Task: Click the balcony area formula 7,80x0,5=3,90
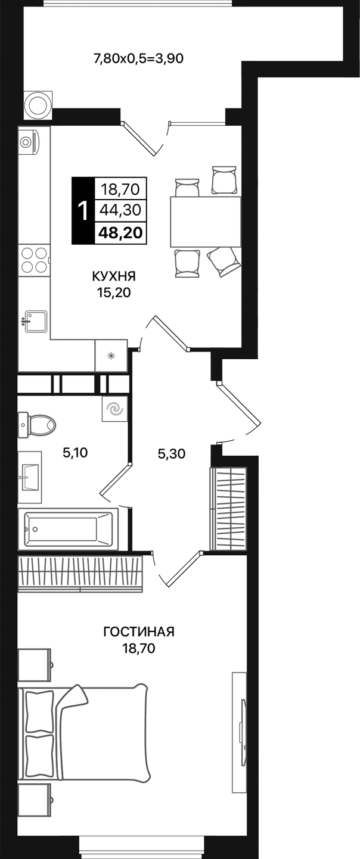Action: tap(138, 58)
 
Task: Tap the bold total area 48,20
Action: tap(120, 232)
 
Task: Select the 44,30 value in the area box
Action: tap(120, 210)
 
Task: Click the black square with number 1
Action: tap(83, 210)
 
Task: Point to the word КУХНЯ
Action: tap(114, 276)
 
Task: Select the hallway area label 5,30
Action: tap(172, 454)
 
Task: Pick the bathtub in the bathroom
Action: tap(67, 528)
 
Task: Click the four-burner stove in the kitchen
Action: tap(33, 260)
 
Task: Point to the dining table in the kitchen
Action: tap(205, 222)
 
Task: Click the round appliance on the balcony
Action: tap(39, 105)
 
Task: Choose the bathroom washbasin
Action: tap(30, 477)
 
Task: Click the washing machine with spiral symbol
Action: tap(114, 409)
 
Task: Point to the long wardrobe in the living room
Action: tap(80, 573)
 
